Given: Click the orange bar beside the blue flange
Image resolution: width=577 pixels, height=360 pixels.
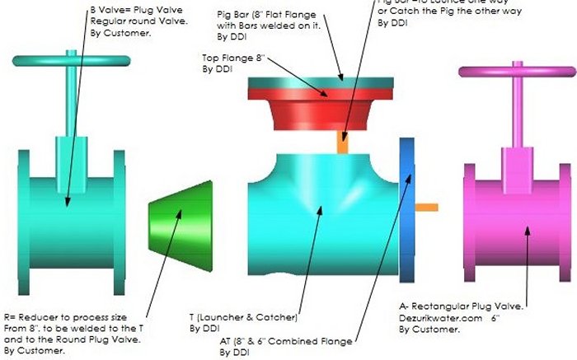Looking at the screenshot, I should coord(425,207).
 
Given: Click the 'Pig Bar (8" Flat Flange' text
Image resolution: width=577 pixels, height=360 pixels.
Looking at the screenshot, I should coord(263,15).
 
